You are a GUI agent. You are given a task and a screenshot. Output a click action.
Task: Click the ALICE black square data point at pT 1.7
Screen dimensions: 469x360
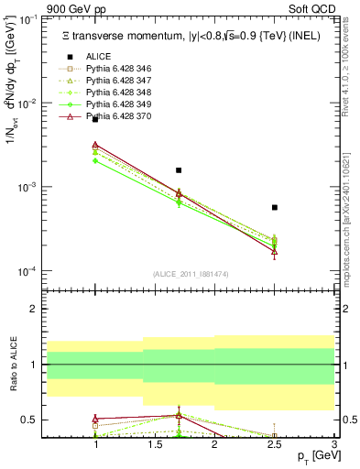coord(179,170)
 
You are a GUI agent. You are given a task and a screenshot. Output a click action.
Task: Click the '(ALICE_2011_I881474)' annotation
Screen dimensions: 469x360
coord(191,275)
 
